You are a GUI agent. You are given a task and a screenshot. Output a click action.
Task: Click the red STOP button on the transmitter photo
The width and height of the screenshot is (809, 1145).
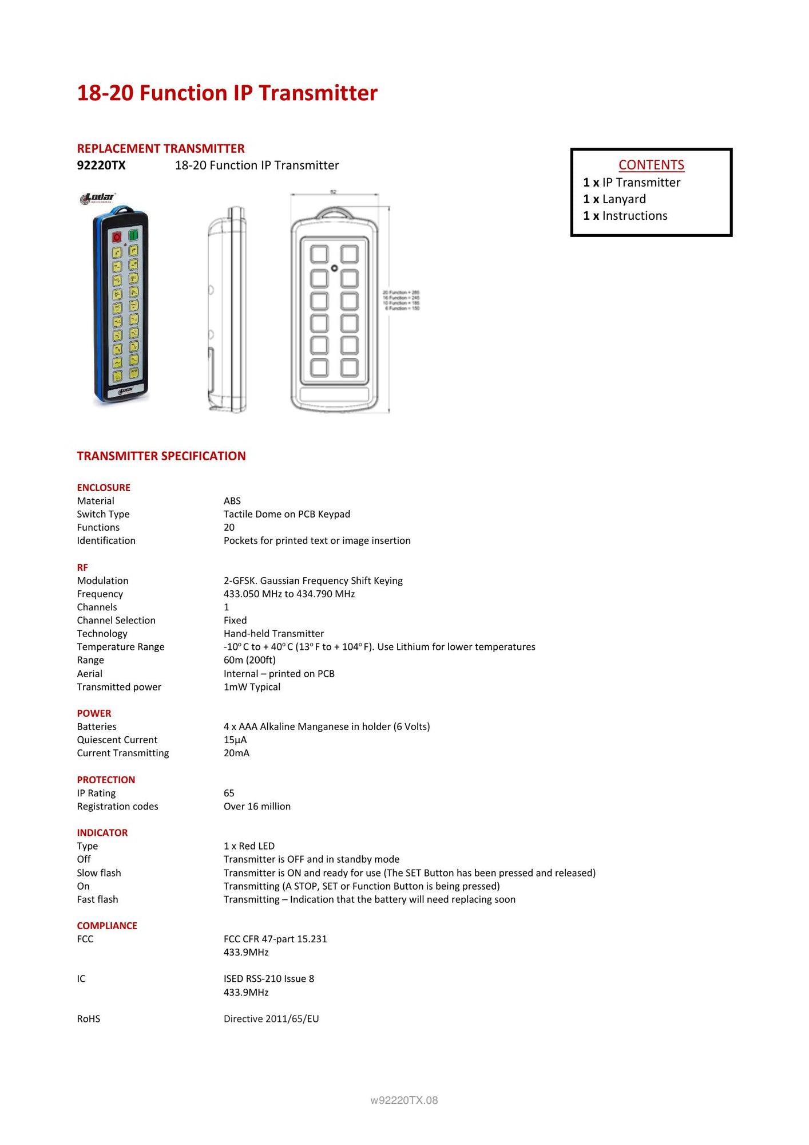[x=117, y=236]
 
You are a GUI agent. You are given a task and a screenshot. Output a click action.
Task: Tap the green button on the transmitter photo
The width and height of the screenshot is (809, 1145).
[x=133, y=235]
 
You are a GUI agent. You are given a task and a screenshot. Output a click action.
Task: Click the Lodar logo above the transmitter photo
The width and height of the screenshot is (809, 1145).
[x=98, y=198]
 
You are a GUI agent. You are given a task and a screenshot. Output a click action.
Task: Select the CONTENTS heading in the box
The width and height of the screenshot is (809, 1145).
[x=651, y=165]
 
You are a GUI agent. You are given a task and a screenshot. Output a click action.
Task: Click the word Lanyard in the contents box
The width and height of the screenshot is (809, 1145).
[x=624, y=199]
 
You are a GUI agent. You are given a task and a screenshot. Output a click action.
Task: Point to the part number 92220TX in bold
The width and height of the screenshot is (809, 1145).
[x=101, y=165]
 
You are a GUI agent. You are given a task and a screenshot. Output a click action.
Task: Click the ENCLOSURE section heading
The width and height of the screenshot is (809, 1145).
[x=104, y=488]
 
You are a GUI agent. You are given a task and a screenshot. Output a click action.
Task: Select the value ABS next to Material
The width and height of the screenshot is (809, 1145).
[x=232, y=501]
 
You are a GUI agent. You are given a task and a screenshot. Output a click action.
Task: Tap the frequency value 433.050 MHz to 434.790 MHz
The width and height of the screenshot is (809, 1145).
[x=289, y=594]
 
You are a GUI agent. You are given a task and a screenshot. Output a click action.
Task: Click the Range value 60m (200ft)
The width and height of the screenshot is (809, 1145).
[x=249, y=660]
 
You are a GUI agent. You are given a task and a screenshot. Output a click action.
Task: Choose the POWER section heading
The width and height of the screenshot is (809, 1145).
[x=94, y=713]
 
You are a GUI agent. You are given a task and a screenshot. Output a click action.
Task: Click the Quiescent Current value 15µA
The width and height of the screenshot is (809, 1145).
[x=235, y=740]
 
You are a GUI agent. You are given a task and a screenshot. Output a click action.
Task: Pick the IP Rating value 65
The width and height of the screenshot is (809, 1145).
[x=229, y=793]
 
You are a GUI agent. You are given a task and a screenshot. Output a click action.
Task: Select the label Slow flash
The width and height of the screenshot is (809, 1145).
[x=99, y=873]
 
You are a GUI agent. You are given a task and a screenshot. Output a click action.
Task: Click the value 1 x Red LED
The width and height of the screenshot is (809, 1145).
[x=249, y=846]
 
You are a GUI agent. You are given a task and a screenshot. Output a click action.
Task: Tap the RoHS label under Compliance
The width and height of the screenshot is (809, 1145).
[x=89, y=1019]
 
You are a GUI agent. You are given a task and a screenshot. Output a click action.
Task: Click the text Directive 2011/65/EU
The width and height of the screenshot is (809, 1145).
[x=271, y=1019]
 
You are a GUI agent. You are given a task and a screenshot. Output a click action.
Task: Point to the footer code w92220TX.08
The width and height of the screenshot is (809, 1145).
[x=404, y=1100]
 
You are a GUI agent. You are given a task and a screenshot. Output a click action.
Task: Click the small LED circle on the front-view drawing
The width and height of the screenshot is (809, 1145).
[x=335, y=268]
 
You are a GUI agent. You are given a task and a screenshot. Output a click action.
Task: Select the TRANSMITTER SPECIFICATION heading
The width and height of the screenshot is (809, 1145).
[x=161, y=456]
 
